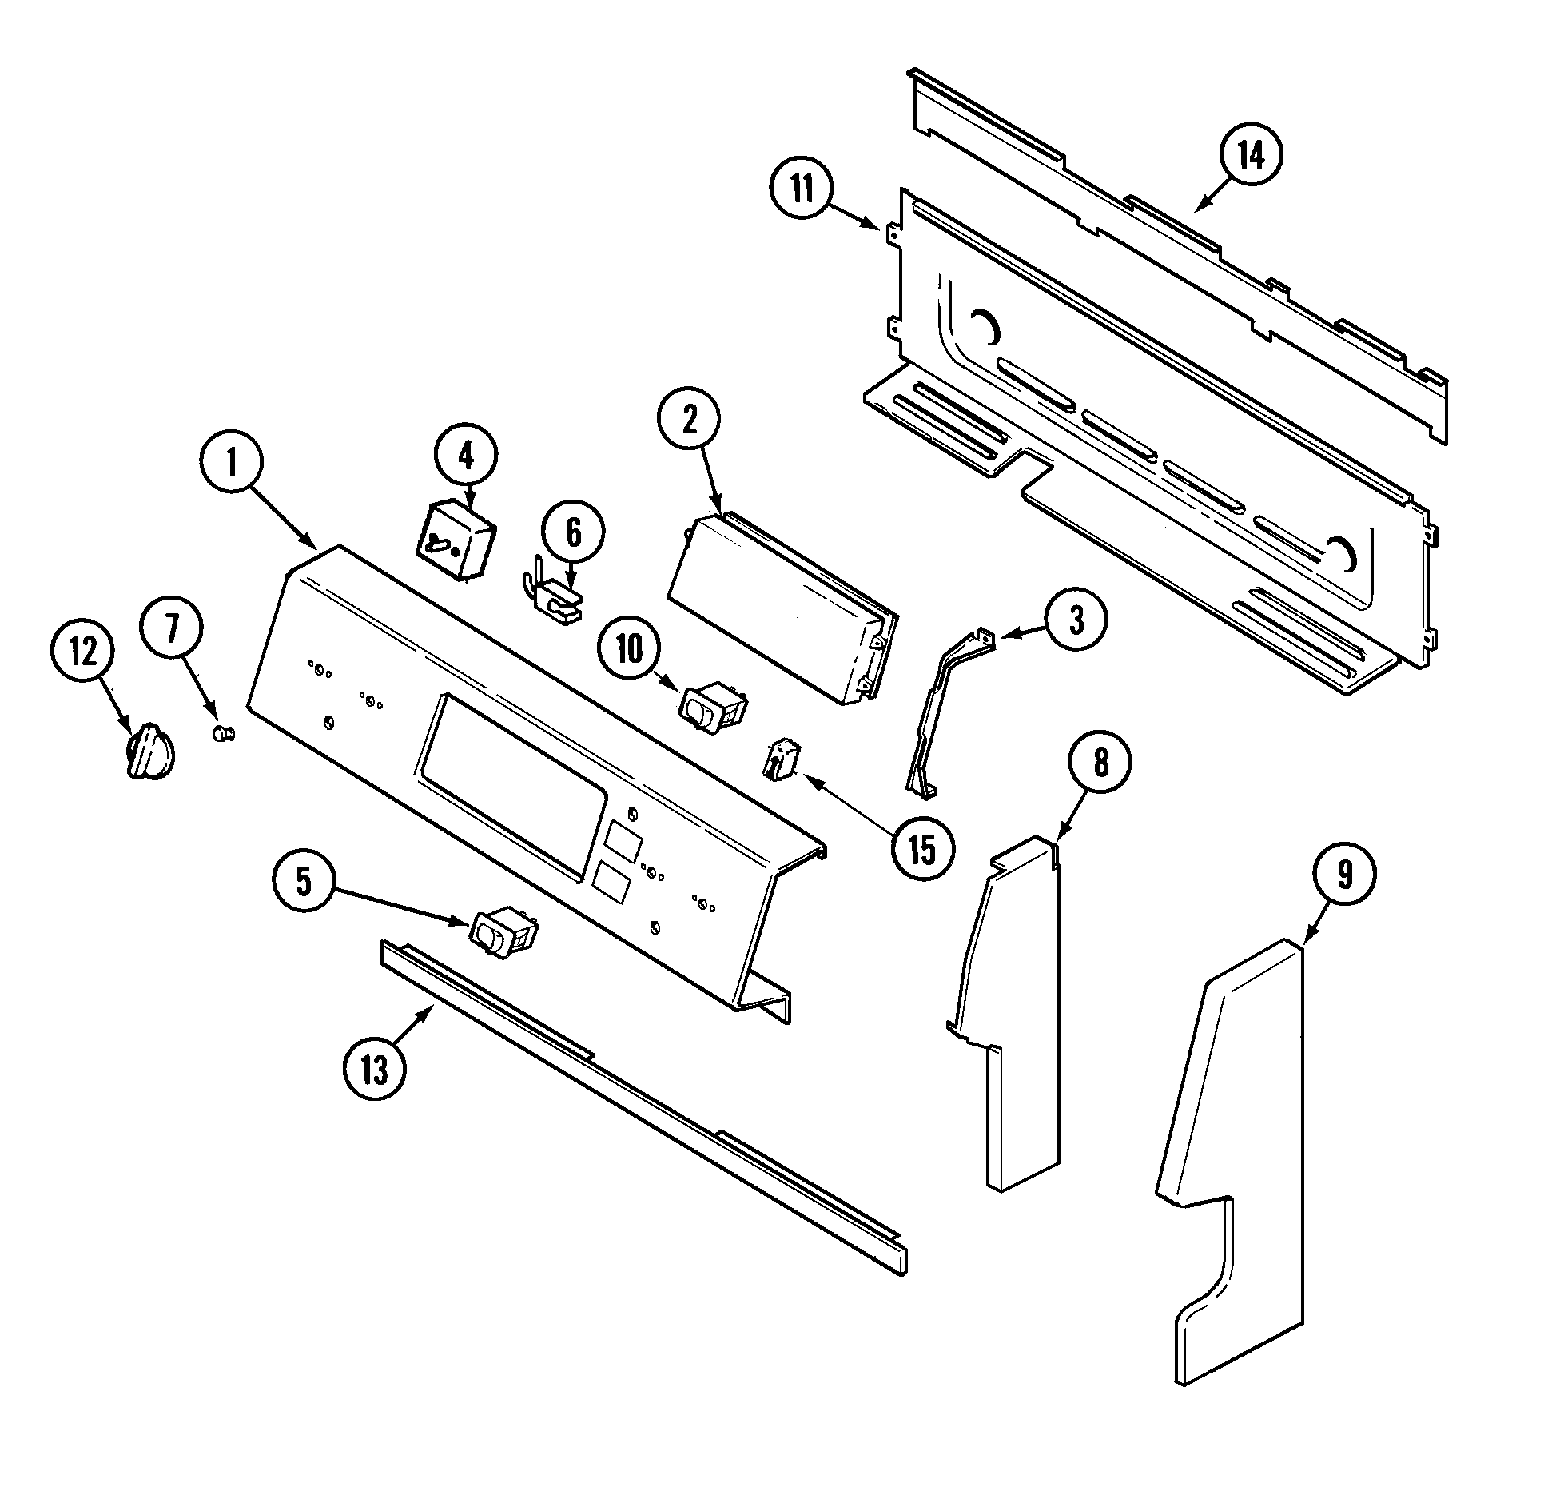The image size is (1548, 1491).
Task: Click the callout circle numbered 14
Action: pyautogui.click(x=1251, y=156)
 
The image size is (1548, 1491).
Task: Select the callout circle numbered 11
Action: pyautogui.click(x=802, y=190)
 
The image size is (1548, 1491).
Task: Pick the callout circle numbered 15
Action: pyautogui.click(x=921, y=850)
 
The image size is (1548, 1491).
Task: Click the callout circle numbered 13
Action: pyautogui.click(x=374, y=1069)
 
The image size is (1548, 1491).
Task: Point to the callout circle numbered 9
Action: pyautogui.click(x=1344, y=875)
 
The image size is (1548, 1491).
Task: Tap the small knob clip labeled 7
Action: pyautogui.click(x=223, y=732)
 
